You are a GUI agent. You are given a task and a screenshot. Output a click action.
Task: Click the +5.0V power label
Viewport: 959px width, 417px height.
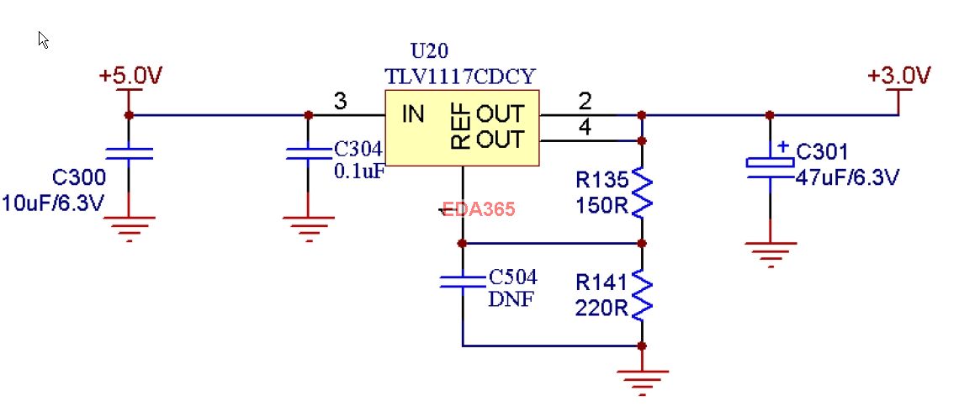coord(130,77)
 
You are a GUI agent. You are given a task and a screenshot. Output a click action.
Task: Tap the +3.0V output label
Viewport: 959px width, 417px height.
coord(899,77)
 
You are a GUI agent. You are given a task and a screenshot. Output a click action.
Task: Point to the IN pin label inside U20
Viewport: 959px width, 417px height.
coord(412,114)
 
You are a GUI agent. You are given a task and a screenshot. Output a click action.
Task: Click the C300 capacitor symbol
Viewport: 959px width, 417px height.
coord(129,153)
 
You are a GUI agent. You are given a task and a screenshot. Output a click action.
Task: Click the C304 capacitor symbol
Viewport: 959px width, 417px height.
coord(308,153)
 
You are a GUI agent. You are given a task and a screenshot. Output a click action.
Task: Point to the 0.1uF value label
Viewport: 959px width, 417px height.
coord(360,171)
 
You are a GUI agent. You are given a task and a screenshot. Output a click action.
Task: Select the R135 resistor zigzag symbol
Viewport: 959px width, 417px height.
coord(642,191)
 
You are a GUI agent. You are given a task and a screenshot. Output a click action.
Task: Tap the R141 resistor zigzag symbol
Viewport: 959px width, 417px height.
coord(642,294)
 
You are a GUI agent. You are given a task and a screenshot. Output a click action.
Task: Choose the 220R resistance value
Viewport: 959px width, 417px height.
coord(601,309)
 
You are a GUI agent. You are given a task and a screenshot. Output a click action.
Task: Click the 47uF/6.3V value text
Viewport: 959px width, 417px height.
coord(847,177)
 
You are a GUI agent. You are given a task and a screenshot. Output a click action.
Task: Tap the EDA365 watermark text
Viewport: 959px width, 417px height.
coord(479,209)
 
